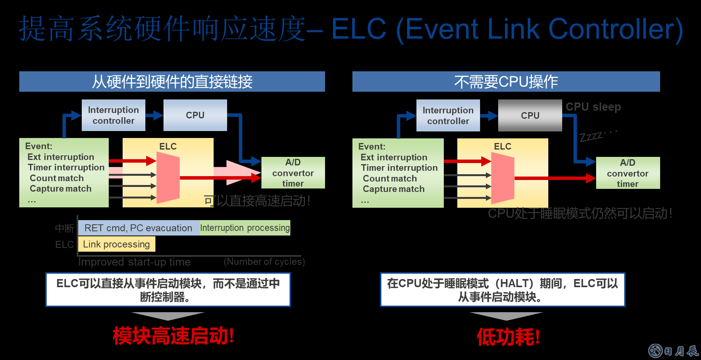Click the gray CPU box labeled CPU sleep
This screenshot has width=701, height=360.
pyautogui.click(x=530, y=116)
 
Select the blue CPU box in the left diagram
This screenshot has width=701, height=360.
pyautogui.click(x=195, y=115)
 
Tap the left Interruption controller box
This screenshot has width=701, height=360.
pyautogui.click(x=113, y=115)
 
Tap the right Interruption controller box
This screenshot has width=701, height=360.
pyautogui.click(x=448, y=116)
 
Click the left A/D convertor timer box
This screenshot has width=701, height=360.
pyautogui.click(x=293, y=173)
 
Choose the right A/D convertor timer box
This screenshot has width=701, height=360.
pyautogui.click(x=628, y=173)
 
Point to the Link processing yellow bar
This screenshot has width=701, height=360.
pyautogui.click(x=116, y=244)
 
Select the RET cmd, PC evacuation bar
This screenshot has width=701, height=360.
pyautogui.click(x=138, y=228)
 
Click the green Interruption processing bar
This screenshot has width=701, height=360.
pyautogui.click(x=245, y=228)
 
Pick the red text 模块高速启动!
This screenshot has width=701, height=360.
pyautogui.click(x=173, y=336)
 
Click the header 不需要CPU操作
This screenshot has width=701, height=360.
pyautogui.click(x=506, y=82)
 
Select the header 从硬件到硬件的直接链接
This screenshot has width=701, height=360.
pyautogui.click(x=172, y=82)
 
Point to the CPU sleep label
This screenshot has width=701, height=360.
pyautogui.click(x=593, y=107)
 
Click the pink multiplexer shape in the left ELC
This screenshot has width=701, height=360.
pyautogui.click(x=168, y=178)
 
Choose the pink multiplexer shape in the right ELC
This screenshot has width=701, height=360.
pyautogui.click(x=503, y=178)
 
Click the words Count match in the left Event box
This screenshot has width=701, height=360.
pyautogui.click(x=57, y=178)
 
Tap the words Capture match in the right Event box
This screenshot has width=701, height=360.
pyautogui.click(x=393, y=189)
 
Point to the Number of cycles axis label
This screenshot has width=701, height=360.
pyautogui.click(x=264, y=262)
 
